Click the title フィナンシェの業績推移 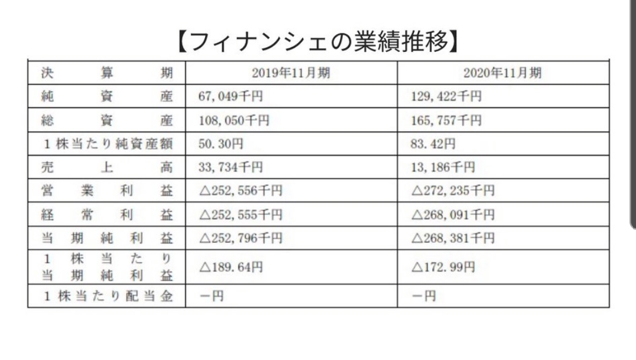318,42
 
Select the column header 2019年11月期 290,73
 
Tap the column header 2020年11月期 502,73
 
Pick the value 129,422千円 446,97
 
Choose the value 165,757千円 446,120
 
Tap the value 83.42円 433,144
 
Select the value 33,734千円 231,167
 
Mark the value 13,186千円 442,167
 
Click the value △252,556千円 240,191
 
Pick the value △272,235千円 452,191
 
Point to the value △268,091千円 452,214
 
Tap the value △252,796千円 240,238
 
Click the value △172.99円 442,267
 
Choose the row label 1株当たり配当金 107,296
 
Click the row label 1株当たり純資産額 107,144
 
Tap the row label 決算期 107,73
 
